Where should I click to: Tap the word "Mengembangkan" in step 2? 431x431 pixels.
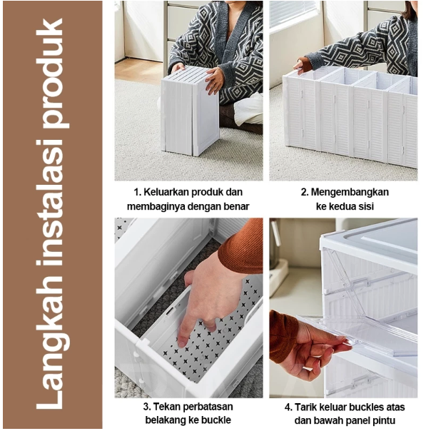click(350, 193)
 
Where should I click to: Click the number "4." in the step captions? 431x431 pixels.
click(288, 407)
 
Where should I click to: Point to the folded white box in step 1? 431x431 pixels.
click(191, 111)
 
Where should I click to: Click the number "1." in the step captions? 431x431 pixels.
click(138, 192)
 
